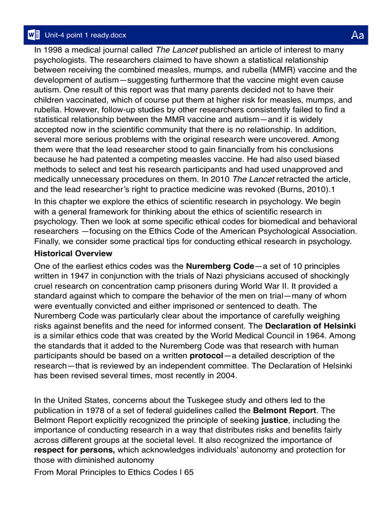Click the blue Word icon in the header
(x=34, y=35)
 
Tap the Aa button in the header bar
(x=357, y=35)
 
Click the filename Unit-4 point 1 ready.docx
(x=85, y=35)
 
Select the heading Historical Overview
(x=73, y=253)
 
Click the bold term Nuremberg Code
(x=219, y=266)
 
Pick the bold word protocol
(x=206, y=355)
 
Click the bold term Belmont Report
(x=284, y=410)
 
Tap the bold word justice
(x=274, y=420)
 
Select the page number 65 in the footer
(x=189, y=472)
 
